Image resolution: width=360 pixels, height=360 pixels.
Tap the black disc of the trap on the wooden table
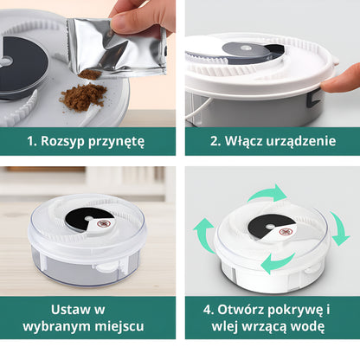(x=89, y=221)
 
